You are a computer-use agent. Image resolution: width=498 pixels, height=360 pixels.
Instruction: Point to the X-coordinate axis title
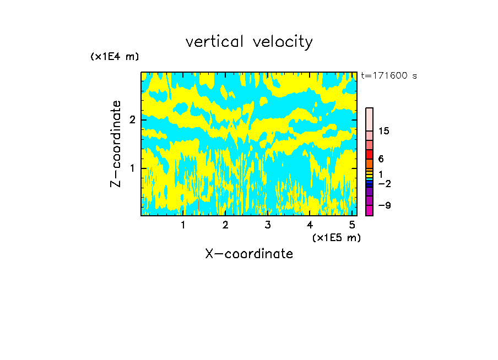point(249,254)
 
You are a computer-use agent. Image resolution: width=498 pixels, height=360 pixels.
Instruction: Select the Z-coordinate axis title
point(116,144)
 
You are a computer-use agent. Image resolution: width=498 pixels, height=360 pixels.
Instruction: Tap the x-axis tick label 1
point(183,225)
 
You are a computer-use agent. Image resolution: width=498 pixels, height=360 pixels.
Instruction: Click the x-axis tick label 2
point(225,225)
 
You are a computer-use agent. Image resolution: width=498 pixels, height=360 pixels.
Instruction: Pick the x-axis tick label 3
point(267,225)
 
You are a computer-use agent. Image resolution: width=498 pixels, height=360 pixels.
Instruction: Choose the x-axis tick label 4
point(310,225)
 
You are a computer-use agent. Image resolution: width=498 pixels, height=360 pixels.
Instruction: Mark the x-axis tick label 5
point(351,225)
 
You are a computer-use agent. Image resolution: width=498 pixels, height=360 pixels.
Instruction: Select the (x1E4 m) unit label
point(115,57)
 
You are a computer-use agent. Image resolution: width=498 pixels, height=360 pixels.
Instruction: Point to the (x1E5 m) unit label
point(336,238)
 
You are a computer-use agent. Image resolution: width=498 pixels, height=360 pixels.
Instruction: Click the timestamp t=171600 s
point(388,76)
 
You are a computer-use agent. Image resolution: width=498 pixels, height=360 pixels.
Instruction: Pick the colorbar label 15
point(384,131)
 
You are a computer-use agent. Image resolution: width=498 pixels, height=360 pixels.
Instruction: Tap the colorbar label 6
point(381,159)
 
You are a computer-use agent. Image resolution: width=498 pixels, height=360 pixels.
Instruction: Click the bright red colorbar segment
point(369,154)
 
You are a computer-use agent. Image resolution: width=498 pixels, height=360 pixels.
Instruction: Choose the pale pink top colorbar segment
point(369,119)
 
